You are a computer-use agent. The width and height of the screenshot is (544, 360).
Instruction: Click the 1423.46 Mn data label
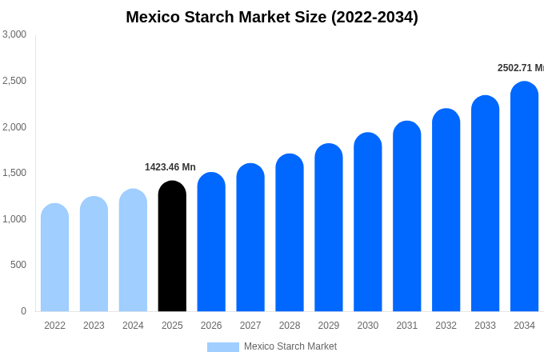coord(170,167)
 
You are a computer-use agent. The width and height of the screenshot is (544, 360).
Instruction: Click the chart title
coord(272,17)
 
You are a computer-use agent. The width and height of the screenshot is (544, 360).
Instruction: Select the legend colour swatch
coord(222,347)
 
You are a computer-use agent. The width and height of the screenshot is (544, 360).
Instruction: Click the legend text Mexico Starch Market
coord(290,346)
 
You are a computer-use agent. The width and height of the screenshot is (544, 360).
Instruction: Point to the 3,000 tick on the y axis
coord(14,34)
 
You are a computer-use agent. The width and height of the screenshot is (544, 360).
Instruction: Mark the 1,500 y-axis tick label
coord(14,173)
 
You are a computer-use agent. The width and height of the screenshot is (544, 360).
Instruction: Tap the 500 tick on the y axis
coord(18,265)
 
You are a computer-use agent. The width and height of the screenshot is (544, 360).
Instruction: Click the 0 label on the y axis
coord(23,311)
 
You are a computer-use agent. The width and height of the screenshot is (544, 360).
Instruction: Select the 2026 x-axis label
coord(211,326)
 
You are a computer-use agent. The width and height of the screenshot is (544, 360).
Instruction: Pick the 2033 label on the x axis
coord(485,326)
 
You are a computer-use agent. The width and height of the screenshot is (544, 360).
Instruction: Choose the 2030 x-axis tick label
coord(368,326)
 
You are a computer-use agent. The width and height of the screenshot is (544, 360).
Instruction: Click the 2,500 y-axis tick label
coord(14,81)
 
